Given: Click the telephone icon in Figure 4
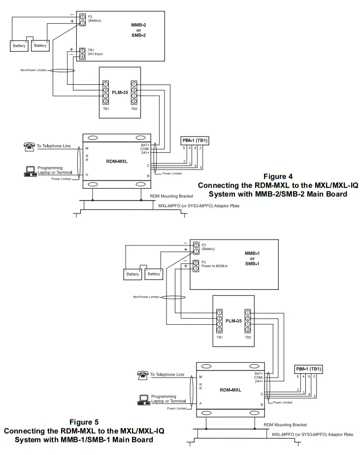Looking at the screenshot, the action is tap(29, 147).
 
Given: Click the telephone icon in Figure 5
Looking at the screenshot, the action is tap(143, 376).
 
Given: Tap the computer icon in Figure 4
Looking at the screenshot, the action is tap(30, 172).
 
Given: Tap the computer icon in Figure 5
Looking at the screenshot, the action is tap(144, 400).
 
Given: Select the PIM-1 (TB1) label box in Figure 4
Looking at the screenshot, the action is tap(195, 140).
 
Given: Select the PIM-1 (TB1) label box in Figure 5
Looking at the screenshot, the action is tap(309, 369).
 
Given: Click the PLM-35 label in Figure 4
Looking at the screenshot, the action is tap(120, 93).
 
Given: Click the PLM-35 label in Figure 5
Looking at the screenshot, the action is tap(233, 321).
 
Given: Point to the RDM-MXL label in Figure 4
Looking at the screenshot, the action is tap(117, 161).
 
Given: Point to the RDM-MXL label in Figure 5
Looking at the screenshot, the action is tap(230, 390).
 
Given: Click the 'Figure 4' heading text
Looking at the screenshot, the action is tap(278, 176).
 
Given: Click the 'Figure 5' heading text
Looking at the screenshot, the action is tap(84, 422).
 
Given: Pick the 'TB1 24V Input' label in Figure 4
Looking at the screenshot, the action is tap(95, 52).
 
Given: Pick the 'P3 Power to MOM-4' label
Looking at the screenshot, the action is tap(215, 264).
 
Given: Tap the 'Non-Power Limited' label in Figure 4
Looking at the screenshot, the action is tap(33, 70).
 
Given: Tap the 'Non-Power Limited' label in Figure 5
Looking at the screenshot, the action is tap(146, 297).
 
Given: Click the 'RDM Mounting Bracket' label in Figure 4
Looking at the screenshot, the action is tap(171, 196).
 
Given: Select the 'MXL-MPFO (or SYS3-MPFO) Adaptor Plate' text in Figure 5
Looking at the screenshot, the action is tap(312, 434).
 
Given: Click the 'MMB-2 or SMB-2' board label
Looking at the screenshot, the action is tap(138, 30).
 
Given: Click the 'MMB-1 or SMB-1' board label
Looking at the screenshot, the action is tap(252, 258).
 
